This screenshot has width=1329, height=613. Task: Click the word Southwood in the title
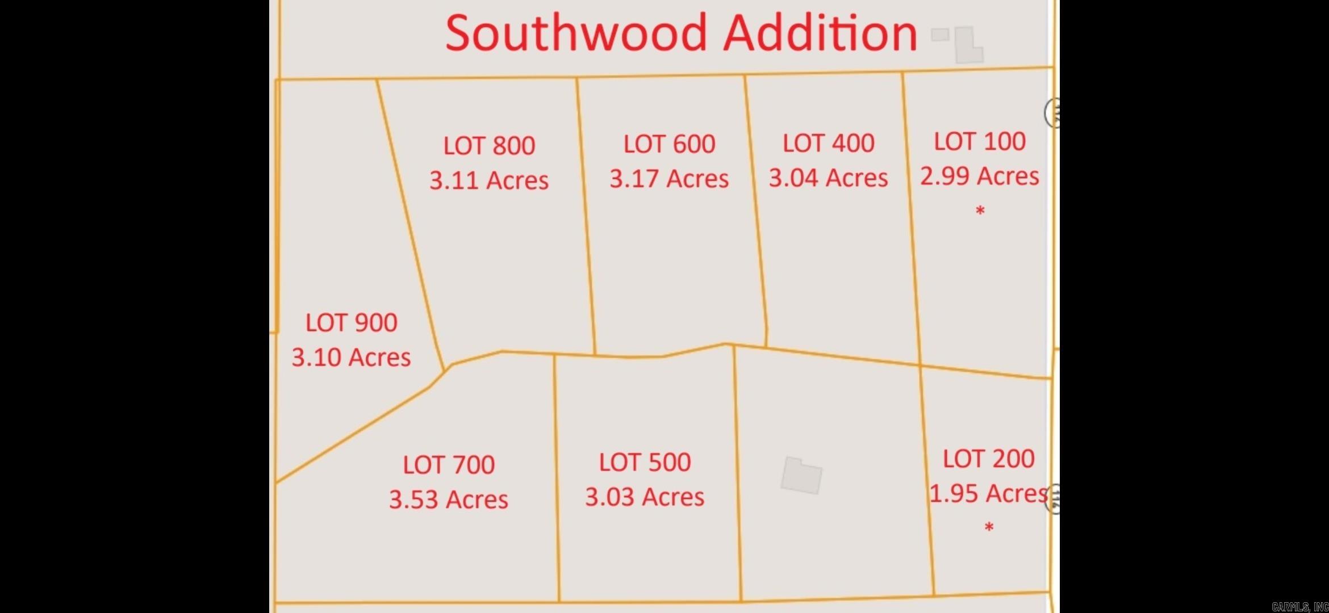pos(576,33)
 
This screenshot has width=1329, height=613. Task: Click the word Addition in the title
pos(820,33)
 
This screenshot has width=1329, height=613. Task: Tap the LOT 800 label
pos(489,146)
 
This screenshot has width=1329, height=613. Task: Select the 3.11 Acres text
pos(489,180)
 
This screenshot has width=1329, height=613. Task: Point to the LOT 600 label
pos(669,144)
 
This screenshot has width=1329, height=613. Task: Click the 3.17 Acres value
pos(669,179)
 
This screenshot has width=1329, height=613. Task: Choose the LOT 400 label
pos(828,143)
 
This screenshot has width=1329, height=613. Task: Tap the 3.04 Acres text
pos(828,178)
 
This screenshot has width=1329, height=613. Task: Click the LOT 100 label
pos(980,141)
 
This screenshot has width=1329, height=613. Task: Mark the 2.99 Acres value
pos(980,176)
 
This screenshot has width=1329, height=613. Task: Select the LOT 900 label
pos(351,323)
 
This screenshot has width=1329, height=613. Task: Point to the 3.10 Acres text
pos(351,358)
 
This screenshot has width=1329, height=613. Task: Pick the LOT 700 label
pos(449,465)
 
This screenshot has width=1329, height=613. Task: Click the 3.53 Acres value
pos(449,500)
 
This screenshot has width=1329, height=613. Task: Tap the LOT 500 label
pos(645,463)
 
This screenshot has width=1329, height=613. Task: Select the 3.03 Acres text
pos(645,497)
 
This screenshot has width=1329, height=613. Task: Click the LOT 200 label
pos(988,459)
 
